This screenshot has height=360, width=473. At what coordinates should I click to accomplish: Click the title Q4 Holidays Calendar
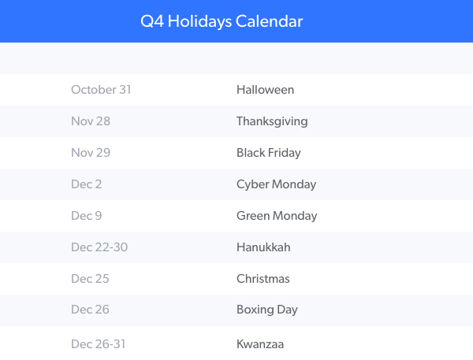[x=222, y=21]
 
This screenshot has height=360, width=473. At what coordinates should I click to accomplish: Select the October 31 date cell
[x=101, y=90]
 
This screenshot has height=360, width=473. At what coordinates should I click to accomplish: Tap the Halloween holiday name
[x=265, y=90]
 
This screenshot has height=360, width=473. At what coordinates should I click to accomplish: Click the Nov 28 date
[x=91, y=121]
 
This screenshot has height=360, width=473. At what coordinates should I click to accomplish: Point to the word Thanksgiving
[x=272, y=122]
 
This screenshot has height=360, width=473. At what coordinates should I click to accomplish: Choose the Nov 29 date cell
[x=91, y=153]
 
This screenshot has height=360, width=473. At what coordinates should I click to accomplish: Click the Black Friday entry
[x=269, y=153]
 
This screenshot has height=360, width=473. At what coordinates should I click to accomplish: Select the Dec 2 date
[x=87, y=184]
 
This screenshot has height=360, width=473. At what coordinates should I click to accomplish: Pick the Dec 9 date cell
[x=87, y=216]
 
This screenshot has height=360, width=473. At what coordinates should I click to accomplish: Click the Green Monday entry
[x=277, y=216]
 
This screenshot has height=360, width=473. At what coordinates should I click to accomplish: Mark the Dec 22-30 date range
[x=99, y=247]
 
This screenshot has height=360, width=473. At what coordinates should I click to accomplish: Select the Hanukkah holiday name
[x=263, y=247]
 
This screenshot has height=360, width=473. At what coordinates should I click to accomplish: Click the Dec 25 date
[x=90, y=279]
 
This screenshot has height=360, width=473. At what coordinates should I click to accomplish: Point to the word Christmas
[x=263, y=279]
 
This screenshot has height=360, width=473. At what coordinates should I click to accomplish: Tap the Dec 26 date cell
[x=90, y=310]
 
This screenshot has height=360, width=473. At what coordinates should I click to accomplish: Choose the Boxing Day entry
[x=267, y=310]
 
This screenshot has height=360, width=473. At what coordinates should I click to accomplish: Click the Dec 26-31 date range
[x=99, y=344]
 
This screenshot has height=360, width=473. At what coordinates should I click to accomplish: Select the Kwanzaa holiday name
[x=260, y=344]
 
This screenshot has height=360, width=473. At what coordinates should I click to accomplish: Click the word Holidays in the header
[x=199, y=22]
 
